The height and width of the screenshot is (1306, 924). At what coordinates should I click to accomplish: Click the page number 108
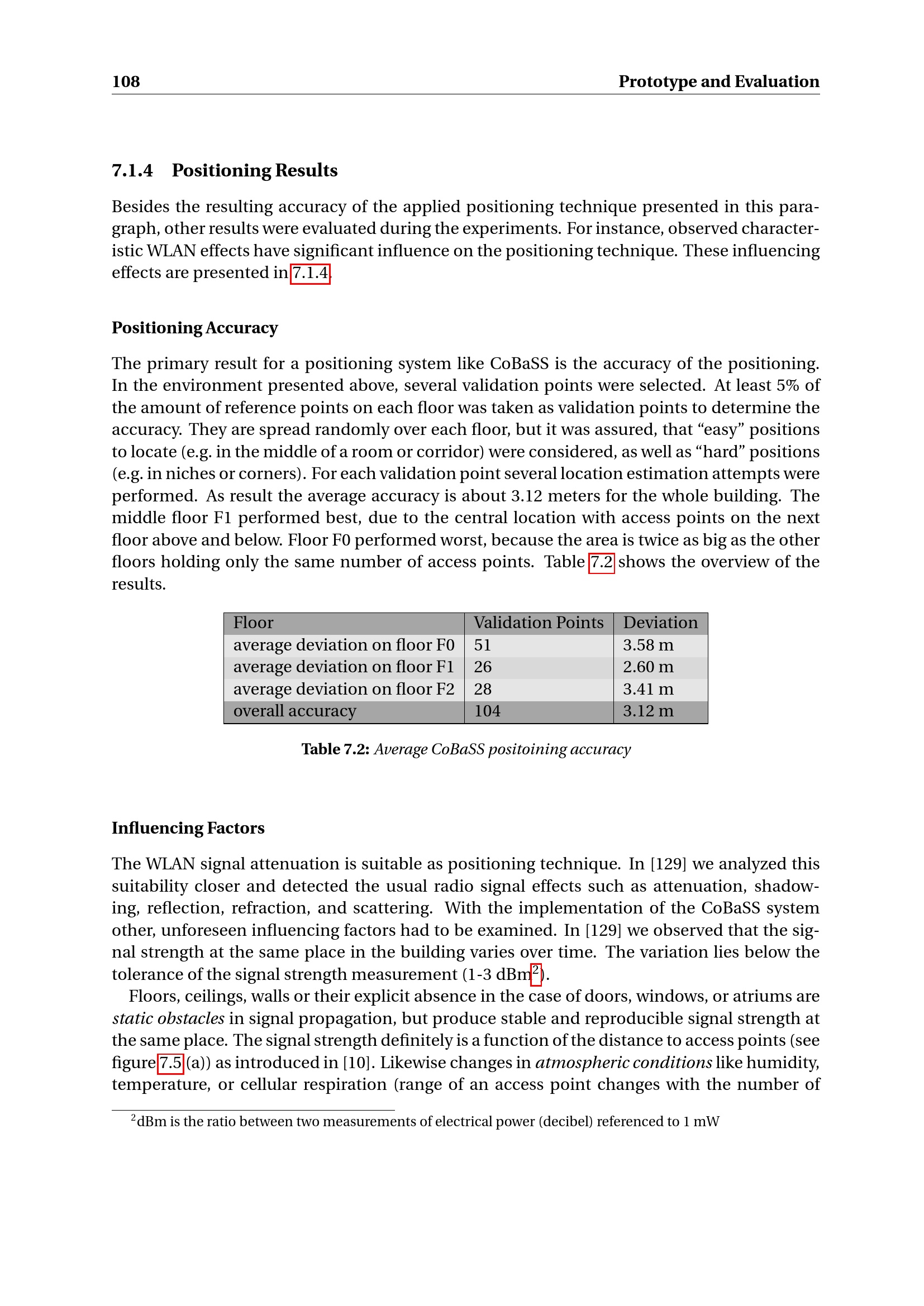126,82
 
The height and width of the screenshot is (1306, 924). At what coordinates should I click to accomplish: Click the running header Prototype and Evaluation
718,82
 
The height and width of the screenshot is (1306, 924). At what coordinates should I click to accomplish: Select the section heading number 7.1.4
132,170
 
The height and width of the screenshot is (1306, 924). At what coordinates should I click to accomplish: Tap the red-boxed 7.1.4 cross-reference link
310,273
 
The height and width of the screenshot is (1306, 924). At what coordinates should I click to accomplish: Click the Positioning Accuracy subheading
194,328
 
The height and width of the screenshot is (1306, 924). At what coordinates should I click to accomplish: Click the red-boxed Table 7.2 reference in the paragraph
602,562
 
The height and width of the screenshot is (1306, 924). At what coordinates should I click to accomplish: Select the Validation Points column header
538,623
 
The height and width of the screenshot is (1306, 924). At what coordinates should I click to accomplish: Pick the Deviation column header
660,623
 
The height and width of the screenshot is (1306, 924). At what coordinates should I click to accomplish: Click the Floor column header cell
253,623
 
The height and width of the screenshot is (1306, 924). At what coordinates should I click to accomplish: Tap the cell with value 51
483,645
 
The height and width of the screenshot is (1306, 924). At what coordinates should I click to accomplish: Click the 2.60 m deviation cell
648,667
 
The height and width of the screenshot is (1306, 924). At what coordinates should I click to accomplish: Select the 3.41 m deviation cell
648,689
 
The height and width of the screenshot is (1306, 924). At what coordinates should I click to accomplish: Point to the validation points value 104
487,711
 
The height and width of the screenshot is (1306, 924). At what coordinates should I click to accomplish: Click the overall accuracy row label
295,711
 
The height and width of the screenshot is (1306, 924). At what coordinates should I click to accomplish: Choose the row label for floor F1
344,667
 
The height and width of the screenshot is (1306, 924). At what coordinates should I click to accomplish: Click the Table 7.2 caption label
335,749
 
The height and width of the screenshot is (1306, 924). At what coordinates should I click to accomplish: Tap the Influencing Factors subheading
188,827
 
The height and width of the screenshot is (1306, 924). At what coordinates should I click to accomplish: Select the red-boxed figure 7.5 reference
170,1063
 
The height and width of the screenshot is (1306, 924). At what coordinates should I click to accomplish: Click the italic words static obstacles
168,1018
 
